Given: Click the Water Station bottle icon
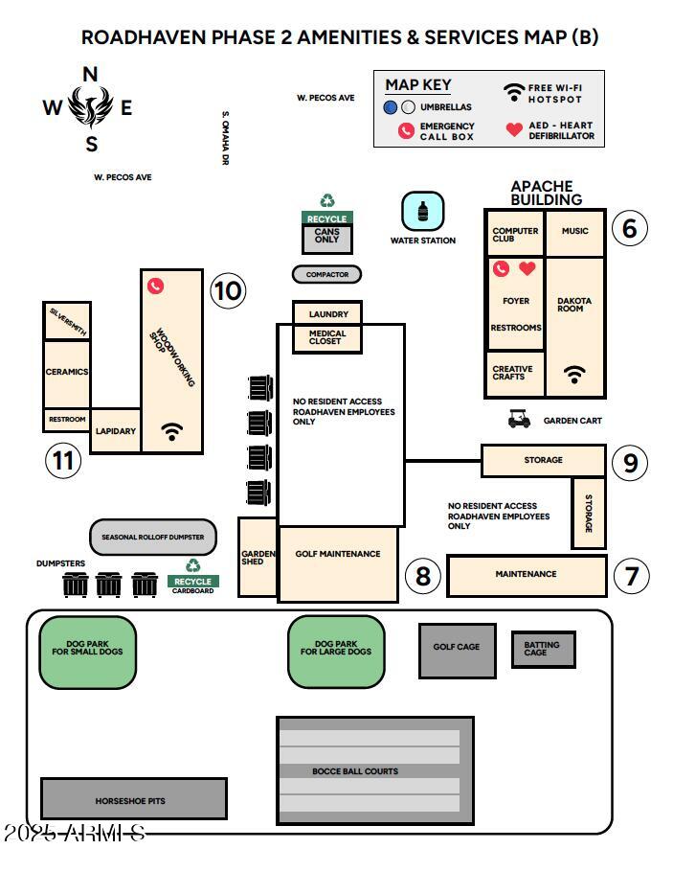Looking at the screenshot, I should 422,211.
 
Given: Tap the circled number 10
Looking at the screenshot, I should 228,289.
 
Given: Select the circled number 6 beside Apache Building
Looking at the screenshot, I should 629,228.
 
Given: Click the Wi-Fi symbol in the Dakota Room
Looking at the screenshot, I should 574,375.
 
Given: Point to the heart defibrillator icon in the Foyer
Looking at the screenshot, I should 527,269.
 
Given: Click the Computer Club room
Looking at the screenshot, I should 515,234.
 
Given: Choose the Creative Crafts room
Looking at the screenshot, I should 514,373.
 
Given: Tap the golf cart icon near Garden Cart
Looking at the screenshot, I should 520,419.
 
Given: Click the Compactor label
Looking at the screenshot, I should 326,274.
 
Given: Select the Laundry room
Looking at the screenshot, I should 327,313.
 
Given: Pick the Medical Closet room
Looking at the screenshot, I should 327,338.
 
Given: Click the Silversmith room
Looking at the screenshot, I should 67,321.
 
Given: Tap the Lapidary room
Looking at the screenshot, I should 116,431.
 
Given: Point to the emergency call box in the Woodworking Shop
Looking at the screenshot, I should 156,286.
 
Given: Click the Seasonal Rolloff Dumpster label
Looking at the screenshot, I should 153,538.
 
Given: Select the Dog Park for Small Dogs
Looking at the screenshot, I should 87,652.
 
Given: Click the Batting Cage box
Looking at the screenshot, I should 543,649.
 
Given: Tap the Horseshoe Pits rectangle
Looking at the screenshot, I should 133,798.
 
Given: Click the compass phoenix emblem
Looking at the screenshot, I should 91,107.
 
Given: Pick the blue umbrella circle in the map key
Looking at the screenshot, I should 391,107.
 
